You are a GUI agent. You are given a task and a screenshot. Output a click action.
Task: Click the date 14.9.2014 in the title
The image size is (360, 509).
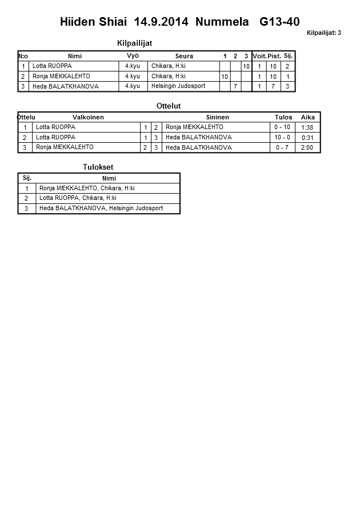coord(161,22)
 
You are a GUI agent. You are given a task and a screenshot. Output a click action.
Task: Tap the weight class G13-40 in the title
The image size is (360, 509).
coord(279,22)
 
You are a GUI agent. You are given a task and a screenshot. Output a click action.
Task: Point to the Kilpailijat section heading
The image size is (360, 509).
coord(134,43)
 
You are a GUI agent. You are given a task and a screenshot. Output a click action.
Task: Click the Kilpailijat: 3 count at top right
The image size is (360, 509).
coord(323,33)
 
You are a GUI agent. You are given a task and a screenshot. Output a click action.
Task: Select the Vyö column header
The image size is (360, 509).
coord(133,55)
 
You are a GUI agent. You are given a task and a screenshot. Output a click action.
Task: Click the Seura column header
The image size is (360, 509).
coord(184,56)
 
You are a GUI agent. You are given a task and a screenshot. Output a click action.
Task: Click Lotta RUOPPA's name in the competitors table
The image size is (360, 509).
coord(52,66)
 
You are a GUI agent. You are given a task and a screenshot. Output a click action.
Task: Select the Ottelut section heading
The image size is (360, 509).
coord(168,106)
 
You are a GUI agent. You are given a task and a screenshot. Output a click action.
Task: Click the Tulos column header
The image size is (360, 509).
coord(283,117)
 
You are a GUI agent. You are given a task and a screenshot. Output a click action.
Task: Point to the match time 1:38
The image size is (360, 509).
coord(307,127)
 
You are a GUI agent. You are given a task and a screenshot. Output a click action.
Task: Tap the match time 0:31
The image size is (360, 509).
coord(307,138)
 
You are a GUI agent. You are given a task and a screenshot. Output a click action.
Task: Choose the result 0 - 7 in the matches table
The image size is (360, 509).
coord(282,147)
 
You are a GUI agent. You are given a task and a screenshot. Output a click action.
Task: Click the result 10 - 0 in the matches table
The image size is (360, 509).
coord(282,138)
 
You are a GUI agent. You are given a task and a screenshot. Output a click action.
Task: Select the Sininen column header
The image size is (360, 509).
coord(217,117)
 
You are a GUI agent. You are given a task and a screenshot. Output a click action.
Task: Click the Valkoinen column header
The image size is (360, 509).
coord(88,117)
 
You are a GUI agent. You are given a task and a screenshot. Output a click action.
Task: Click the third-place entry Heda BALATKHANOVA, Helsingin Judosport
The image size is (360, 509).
coord(101,209)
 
